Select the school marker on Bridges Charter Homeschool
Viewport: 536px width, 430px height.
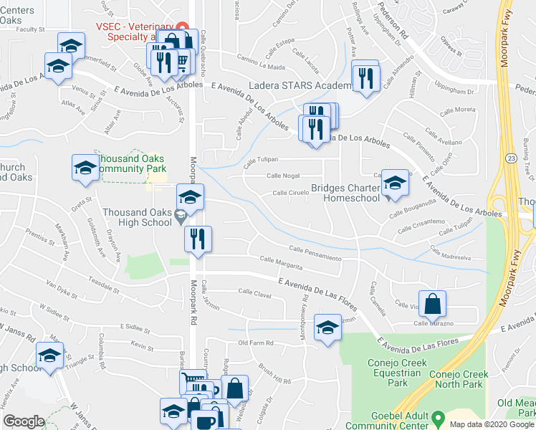(x=394, y=183)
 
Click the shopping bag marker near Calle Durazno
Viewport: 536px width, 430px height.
(x=433, y=304)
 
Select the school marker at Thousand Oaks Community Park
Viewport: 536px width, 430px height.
(x=85, y=168)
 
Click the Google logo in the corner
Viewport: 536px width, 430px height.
(x=24, y=421)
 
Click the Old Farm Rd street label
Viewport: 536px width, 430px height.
(x=257, y=343)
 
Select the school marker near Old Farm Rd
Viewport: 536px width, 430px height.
(x=327, y=328)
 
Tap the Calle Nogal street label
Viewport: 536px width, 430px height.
(x=284, y=176)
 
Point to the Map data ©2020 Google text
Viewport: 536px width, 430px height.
(x=491, y=424)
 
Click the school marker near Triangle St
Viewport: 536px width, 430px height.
(x=49, y=355)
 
